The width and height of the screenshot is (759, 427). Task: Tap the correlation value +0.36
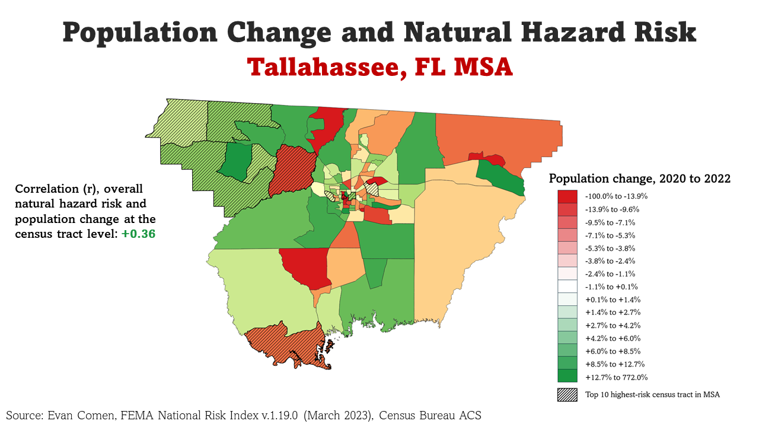pos(138,234)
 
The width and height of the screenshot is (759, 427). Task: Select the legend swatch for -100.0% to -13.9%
pos(567,196)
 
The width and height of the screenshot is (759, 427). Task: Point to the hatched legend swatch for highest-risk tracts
pos(567,395)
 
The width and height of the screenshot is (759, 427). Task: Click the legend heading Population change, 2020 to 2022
pos(639,179)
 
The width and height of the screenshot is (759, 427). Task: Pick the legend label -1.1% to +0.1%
pos(611,287)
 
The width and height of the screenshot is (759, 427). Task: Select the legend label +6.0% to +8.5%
pos(613,351)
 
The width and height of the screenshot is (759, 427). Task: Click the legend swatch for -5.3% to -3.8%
pos(567,248)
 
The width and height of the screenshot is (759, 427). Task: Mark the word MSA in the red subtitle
pos(483,66)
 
